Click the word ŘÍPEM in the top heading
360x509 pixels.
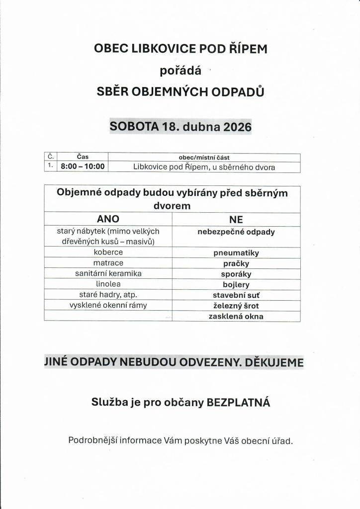(x=244, y=48)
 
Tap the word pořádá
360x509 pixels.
(x=180, y=70)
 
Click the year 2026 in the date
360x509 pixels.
(x=237, y=126)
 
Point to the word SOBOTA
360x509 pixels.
(x=134, y=126)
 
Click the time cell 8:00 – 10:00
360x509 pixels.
(x=83, y=167)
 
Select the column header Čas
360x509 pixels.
(x=83, y=157)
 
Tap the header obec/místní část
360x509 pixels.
(x=204, y=157)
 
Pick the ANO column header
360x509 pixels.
(x=108, y=219)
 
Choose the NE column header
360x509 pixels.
(x=236, y=219)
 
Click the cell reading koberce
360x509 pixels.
(x=108, y=253)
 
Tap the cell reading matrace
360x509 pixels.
(x=108, y=263)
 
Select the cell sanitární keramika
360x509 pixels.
(x=108, y=273)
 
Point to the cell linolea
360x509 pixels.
(x=108, y=284)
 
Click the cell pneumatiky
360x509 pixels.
(x=236, y=253)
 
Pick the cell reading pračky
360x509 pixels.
(x=236, y=263)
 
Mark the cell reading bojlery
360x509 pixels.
(x=236, y=285)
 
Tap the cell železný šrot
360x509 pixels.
(x=236, y=306)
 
